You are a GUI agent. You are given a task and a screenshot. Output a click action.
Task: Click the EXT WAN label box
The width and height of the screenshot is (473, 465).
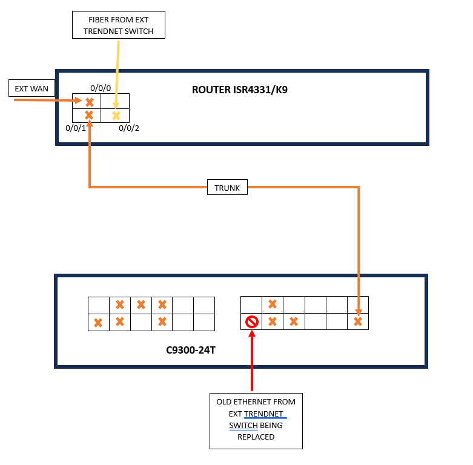tap(32, 89)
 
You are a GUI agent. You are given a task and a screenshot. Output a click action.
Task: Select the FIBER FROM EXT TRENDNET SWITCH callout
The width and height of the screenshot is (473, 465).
tap(119, 25)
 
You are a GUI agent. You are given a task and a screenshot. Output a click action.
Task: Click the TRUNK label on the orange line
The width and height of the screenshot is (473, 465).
tap(227, 188)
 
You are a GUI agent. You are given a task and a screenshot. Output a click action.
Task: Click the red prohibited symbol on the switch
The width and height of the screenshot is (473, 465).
tap(252, 322)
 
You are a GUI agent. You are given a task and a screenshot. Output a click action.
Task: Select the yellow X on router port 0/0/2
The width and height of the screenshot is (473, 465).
tap(116, 115)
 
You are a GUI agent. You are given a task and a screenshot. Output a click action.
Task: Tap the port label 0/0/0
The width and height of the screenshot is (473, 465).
tap(101, 88)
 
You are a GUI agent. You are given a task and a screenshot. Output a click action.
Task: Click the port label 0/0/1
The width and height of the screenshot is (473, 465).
tap(76, 128)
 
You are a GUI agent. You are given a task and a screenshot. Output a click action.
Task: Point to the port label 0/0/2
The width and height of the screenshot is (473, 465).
tap(129, 128)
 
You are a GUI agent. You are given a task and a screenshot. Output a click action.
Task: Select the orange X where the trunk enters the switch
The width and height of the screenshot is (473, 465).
tap(358, 322)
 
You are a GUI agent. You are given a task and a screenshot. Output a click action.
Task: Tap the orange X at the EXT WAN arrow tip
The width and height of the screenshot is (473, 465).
tap(89, 102)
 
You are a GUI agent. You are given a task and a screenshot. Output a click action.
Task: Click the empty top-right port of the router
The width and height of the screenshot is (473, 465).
tap(115, 101)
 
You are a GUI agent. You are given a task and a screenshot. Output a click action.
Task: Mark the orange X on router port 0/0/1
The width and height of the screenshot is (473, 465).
tap(89, 115)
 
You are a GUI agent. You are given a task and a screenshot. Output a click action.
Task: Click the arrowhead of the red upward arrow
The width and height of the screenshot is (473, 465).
tap(252, 334)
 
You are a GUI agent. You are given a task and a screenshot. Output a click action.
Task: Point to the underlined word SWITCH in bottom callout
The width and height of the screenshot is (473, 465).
tap(243, 425)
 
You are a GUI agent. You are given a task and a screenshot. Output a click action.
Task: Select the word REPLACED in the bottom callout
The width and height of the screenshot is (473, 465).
tap(256, 437)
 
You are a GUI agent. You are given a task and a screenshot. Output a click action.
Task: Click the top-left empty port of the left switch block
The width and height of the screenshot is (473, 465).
tap(98, 305)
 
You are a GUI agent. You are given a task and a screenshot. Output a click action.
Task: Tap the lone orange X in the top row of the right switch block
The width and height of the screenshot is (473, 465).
tap(273, 304)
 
